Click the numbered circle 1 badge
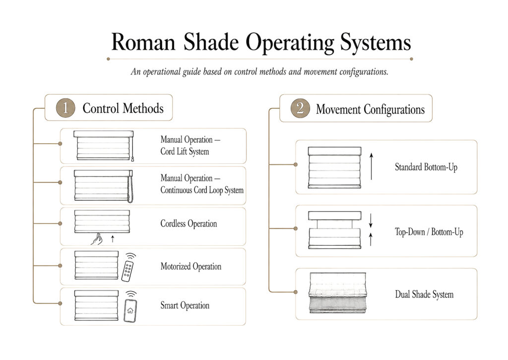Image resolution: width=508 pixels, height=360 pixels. click(x=65, y=108)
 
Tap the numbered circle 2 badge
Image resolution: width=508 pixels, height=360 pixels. click(x=300, y=108)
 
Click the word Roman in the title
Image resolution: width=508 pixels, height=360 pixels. click(x=143, y=43)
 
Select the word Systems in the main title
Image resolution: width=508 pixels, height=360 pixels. click(x=376, y=43)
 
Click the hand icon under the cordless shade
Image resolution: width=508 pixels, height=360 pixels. click(x=97, y=239)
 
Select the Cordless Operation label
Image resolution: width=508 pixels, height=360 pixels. click(x=189, y=223)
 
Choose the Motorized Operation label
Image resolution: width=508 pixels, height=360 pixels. click(x=191, y=266)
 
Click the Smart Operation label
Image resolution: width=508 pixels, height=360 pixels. click(x=185, y=305)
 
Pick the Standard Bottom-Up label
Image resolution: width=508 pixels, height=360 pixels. click(x=426, y=167)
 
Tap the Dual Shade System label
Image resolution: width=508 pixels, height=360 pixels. click(x=424, y=294)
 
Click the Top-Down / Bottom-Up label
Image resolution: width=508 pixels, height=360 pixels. click(x=429, y=232)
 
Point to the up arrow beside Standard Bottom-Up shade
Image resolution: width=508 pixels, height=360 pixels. click(x=371, y=166)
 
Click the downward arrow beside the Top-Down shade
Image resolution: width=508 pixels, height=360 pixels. click(x=371, y=220)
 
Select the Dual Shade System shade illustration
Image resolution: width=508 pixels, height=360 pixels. click(x=337, y=293)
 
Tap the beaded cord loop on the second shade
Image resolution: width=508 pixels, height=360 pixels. click(x=130, y=189)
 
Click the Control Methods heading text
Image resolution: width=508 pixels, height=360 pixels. click(x=123, y=108)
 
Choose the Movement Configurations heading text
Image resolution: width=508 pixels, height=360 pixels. click(x=370, y=109)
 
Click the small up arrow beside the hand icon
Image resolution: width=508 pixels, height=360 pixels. click(x=113, y=239)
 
